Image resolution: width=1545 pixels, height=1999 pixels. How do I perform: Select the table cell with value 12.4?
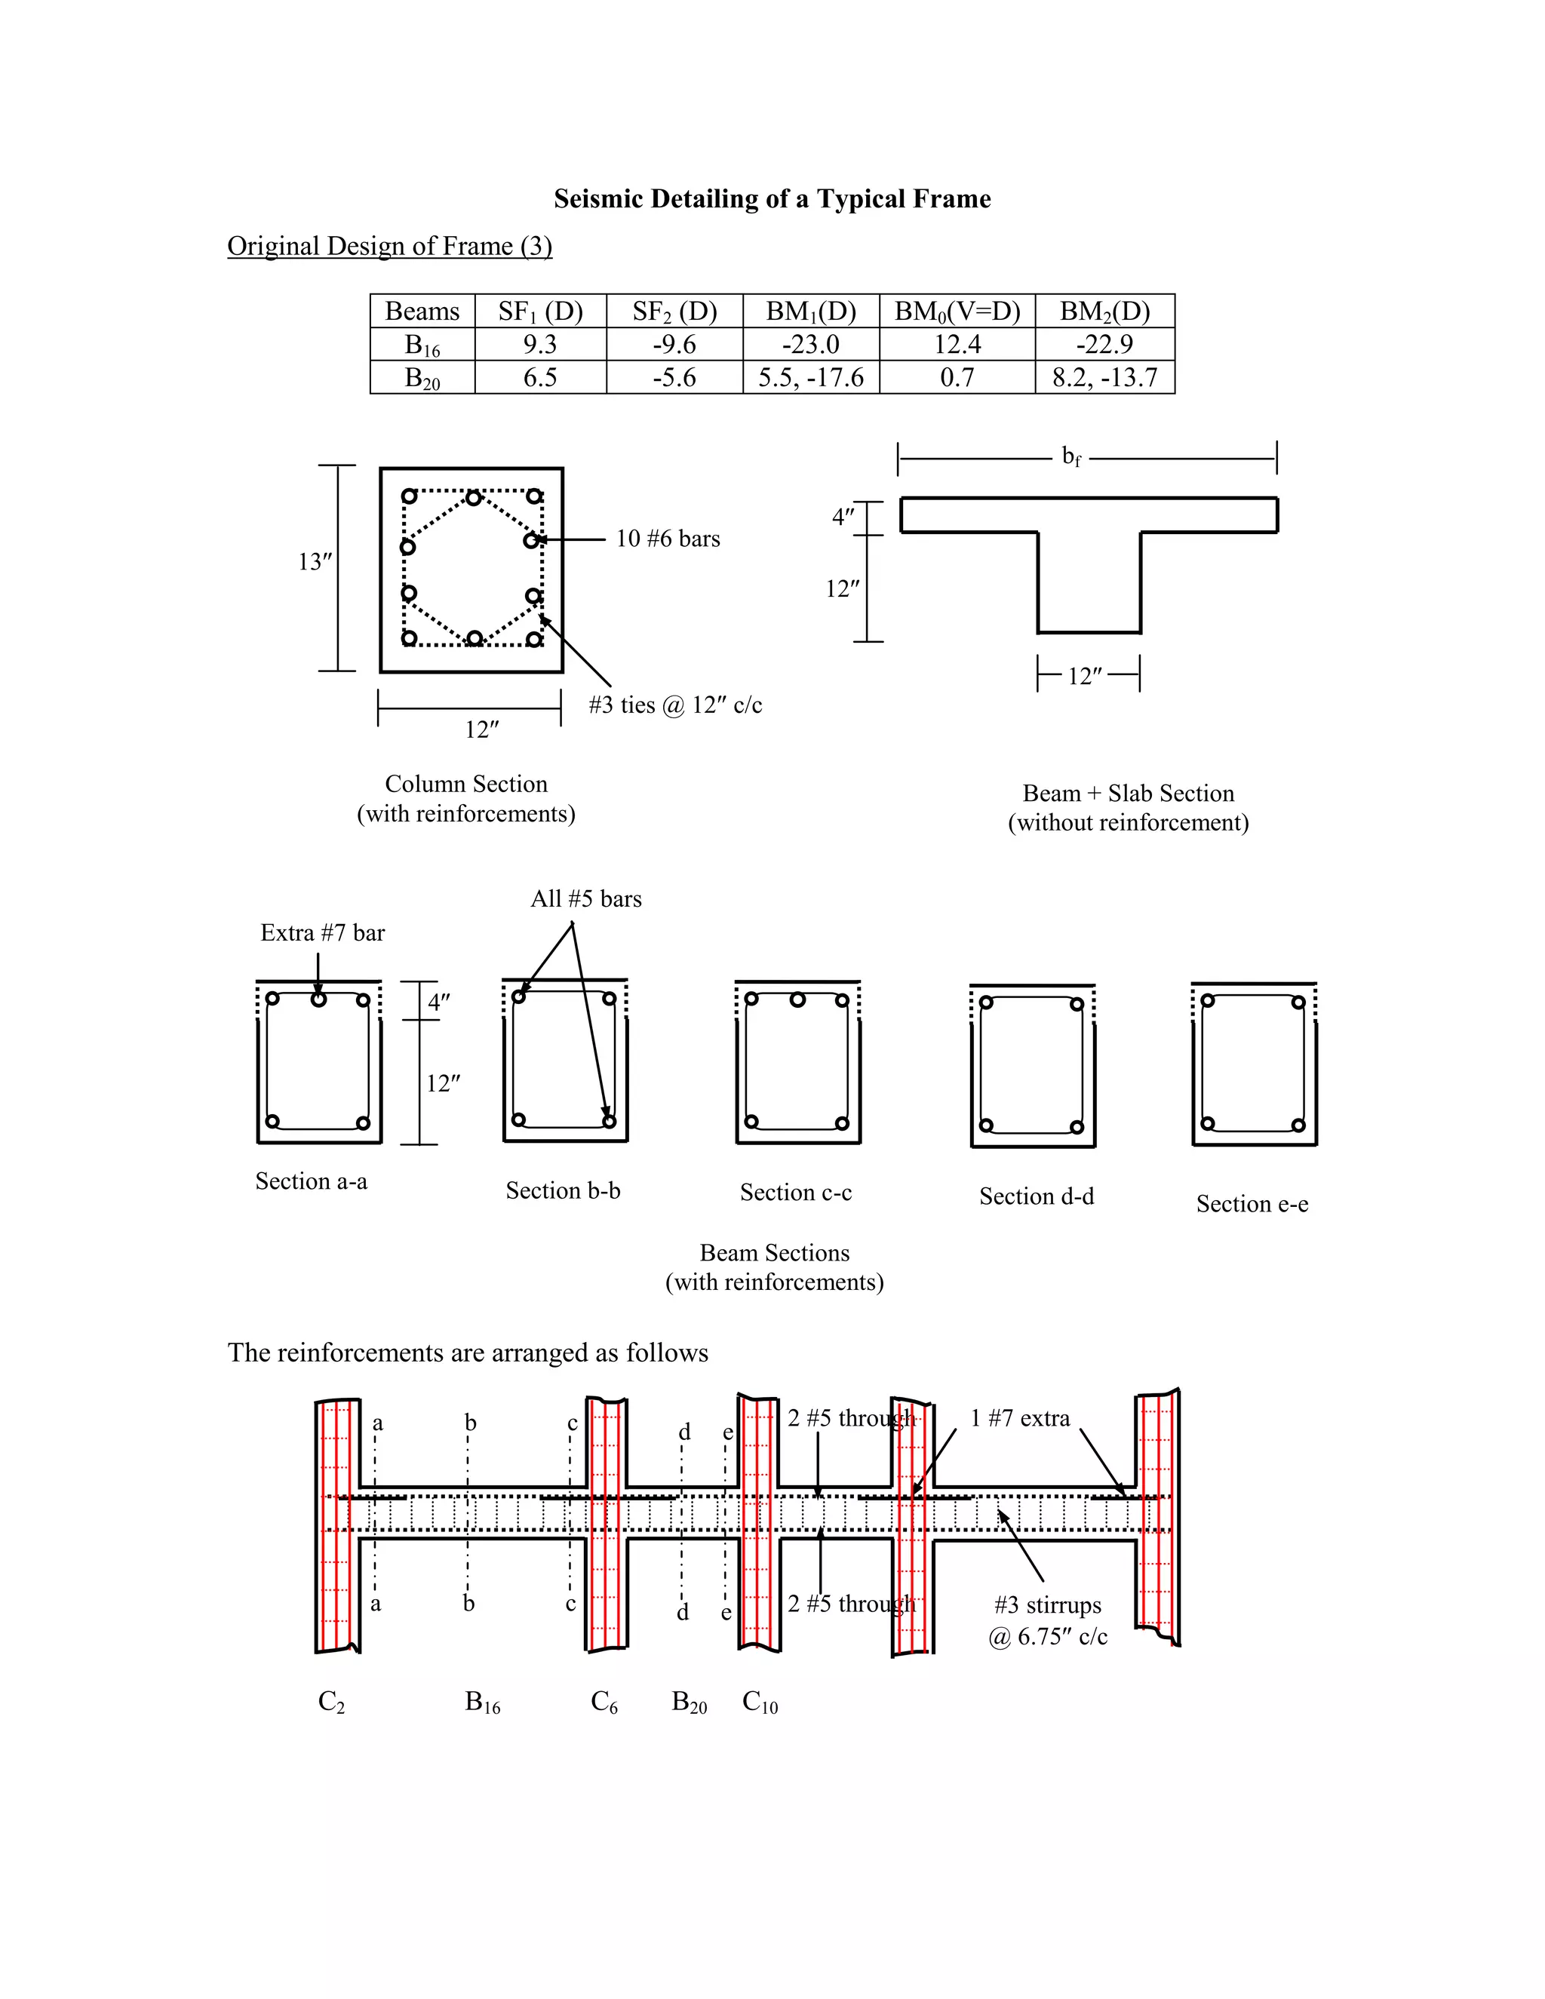(957, 344)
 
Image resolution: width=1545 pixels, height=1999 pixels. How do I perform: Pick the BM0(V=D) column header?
(957, 312)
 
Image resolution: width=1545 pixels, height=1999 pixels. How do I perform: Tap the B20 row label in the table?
(422, 378)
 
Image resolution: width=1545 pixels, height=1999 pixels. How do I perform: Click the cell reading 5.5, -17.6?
(810, 377)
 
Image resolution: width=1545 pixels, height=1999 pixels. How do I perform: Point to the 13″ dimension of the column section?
(314, 561)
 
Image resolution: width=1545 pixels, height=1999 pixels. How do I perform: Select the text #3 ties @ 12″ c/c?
(674, 705)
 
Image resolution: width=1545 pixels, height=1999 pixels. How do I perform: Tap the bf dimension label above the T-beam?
(1071, 456)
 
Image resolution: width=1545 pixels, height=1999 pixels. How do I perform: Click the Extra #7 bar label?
(322, 932)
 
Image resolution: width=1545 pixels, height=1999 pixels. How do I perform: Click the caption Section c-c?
(795, 1192)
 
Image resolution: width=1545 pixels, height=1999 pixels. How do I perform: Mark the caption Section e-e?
(1252, 1204)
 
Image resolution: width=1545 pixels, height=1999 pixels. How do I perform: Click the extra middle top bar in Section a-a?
(318, 999)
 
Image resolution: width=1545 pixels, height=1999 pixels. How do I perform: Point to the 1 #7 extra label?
(1020, 1418)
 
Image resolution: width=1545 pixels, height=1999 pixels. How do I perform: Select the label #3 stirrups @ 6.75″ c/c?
(1047, 1621)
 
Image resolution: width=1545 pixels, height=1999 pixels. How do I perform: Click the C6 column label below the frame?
(604, 1702)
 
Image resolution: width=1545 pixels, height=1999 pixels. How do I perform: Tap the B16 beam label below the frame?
(482, 1702)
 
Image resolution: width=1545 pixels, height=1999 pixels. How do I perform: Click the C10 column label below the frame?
(759, 1702)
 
